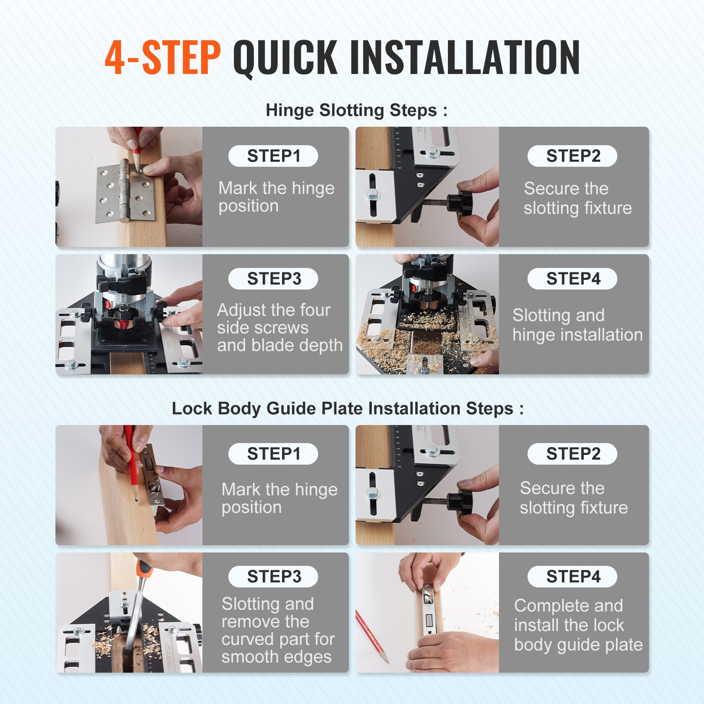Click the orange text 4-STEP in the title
coord(163,57)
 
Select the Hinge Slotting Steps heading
coord(356,110)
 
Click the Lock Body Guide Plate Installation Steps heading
coord(348,408)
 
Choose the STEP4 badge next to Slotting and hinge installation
coord(572,279)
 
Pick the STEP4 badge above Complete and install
coord(572,576)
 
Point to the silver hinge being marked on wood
coord(125,194)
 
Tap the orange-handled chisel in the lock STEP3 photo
coord(142,572)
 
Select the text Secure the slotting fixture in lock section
coord(573,498)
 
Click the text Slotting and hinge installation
coord(577,325)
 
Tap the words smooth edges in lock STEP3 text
coord(276,656)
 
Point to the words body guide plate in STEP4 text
coord(578,645)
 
